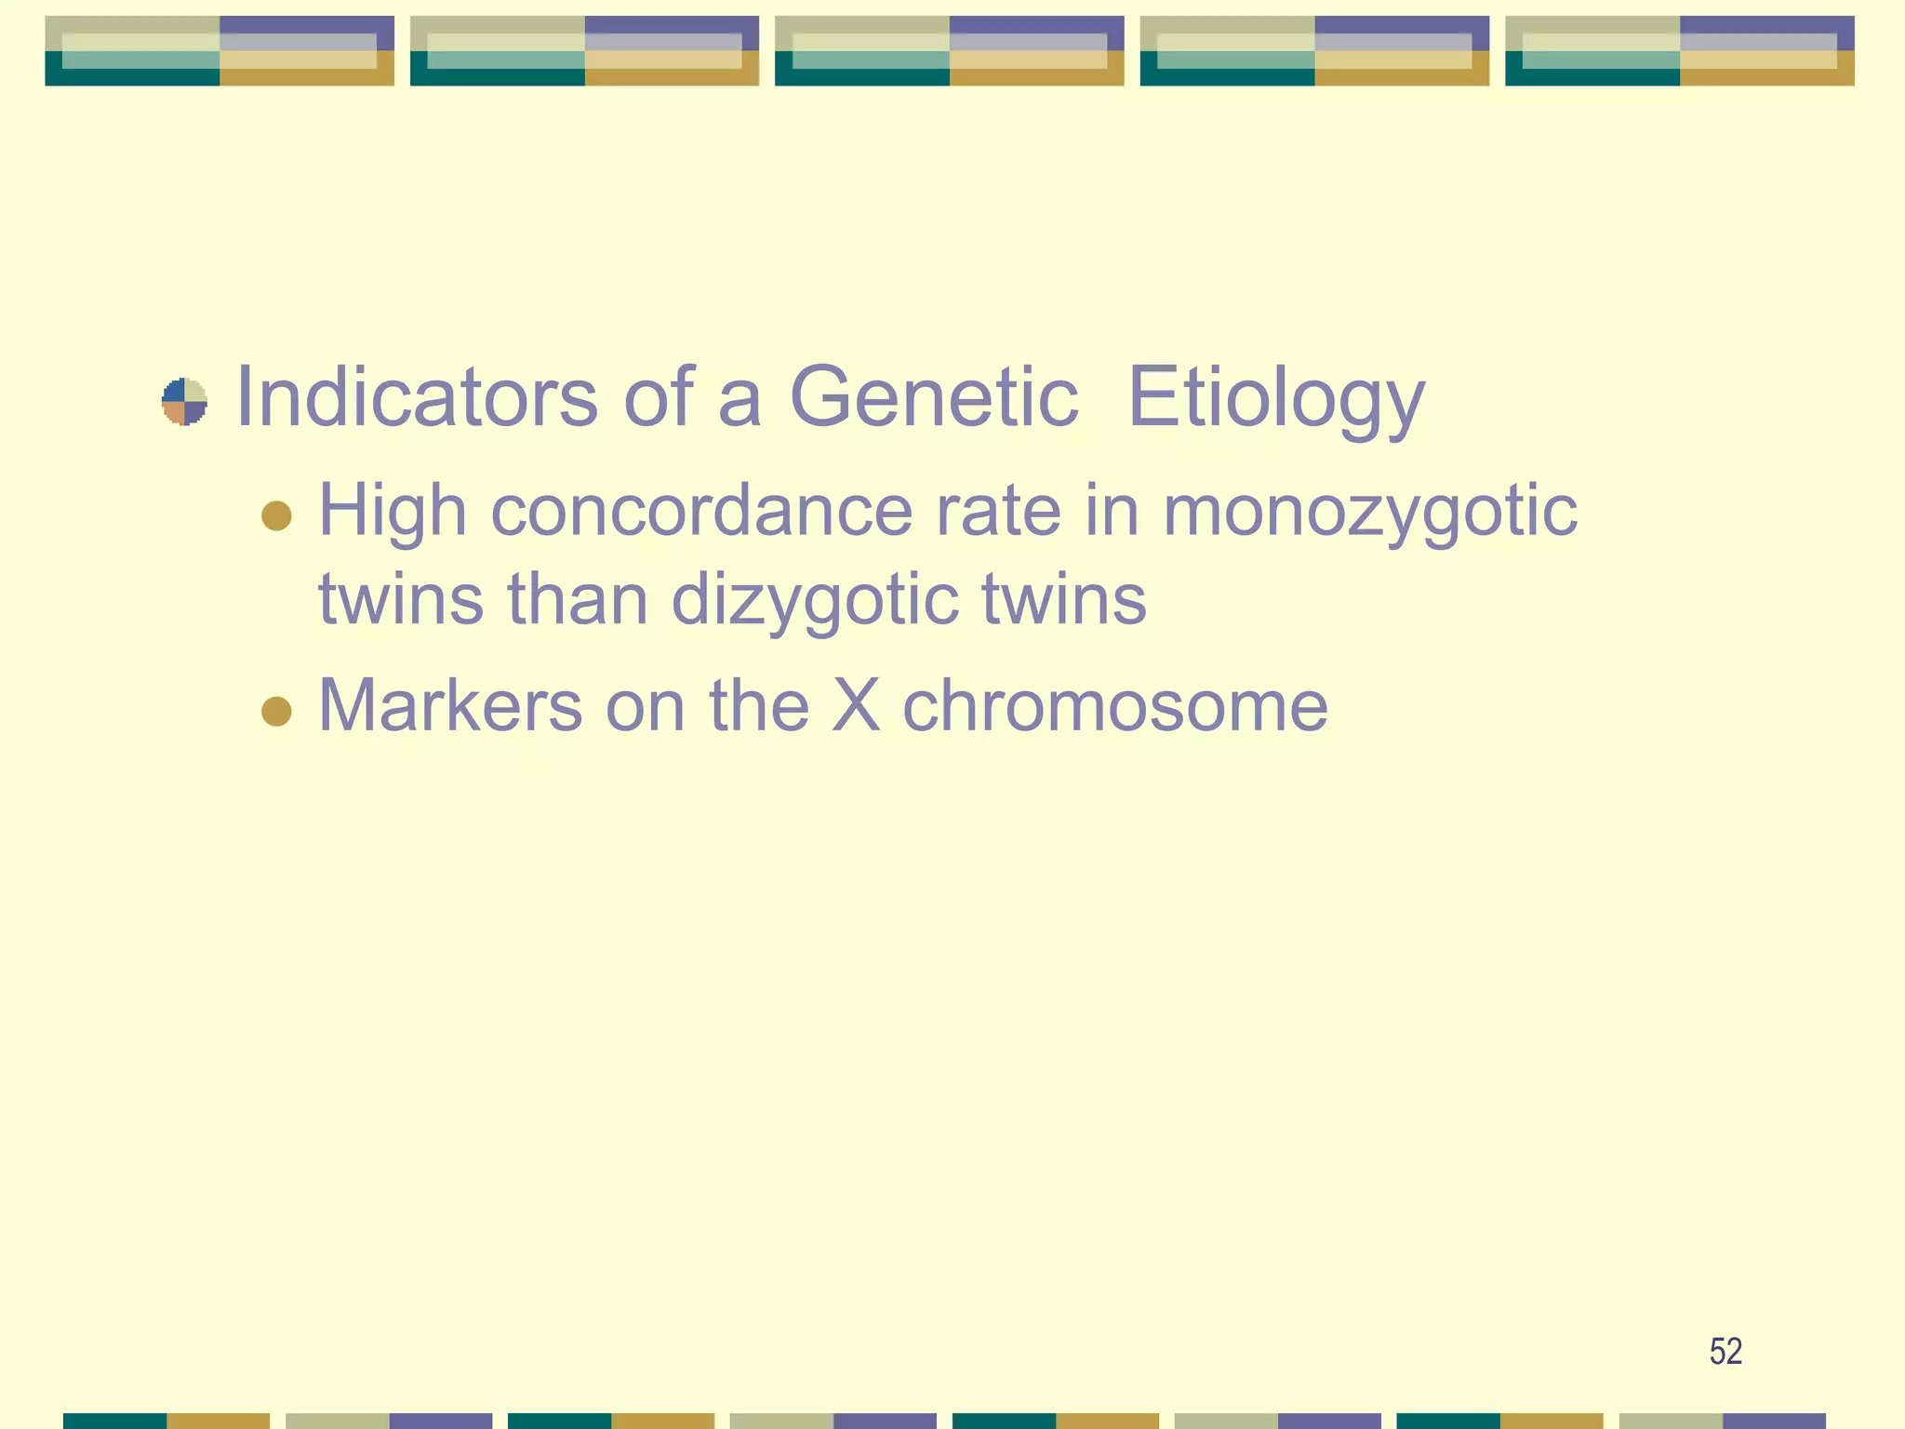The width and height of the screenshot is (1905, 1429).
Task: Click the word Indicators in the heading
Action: pos(417,397)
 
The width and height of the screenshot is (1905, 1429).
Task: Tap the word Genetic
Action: pos(933,397)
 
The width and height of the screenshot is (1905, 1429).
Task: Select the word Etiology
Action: pos(1275,400)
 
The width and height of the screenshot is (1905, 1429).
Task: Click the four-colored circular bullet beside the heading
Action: pos(184,402)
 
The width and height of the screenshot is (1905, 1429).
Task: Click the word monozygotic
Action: pos(1369,514)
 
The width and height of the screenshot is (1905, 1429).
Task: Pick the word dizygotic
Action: pos(815,601)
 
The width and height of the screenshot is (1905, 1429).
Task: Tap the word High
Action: pos(393,513)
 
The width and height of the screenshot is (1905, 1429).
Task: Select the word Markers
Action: pos(450,705)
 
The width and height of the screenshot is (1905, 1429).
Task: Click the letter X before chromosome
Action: pos(855,705)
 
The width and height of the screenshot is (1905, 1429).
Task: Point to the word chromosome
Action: pos(1114,705)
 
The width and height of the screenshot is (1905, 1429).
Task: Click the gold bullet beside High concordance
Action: pos(276,514)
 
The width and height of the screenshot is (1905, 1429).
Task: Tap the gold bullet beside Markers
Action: pos(276,711)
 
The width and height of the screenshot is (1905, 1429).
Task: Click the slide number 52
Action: pos(1725,1351)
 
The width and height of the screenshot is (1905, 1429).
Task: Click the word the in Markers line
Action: pos(759,705)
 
